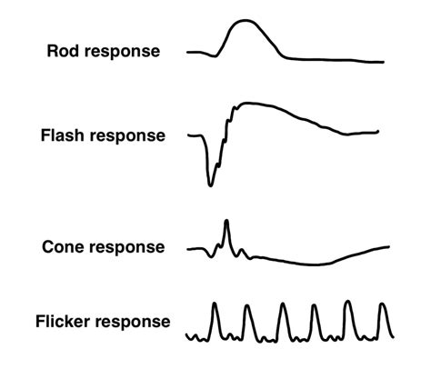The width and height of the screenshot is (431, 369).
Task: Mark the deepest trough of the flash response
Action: point(211,184)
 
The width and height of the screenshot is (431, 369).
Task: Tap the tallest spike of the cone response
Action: point(226,221)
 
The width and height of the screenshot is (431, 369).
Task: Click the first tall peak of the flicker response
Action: point(215,304)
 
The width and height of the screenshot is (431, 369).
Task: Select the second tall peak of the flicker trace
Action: point(247,306)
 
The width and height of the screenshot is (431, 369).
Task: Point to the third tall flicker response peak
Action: point(282,304)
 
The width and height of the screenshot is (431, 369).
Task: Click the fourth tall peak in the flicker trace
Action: point(315,306)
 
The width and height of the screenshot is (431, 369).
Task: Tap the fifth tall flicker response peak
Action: point(348,303)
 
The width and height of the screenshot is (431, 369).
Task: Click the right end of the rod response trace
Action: point(383,62)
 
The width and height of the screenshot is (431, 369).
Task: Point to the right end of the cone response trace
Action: point(390,246)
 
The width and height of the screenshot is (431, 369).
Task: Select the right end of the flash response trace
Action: point(378,133)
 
